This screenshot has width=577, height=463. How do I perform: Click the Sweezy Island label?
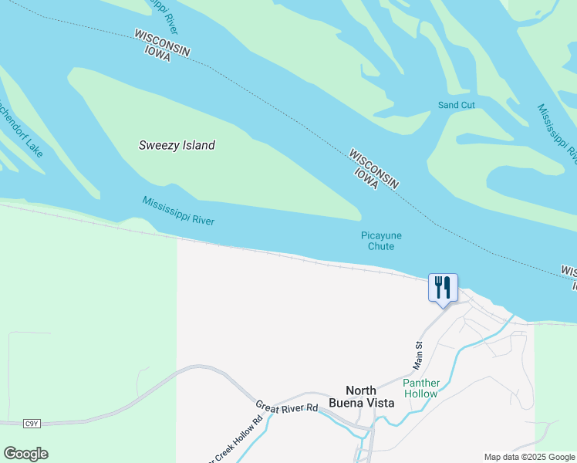point(177,145)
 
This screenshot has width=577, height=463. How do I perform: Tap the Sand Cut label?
point(457,105)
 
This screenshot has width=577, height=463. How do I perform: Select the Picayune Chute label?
point(381,241)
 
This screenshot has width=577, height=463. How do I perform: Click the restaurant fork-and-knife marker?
point(443,288)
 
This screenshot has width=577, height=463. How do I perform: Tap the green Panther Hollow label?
point(420,388)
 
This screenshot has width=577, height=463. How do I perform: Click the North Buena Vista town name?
point(366,396)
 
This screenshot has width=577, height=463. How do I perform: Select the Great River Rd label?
point(287,407)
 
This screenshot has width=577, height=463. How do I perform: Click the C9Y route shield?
point(32,424)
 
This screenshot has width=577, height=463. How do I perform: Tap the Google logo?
point(25,454)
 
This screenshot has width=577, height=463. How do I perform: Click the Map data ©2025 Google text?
point(528,457)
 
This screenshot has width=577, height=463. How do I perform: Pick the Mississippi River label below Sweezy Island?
point(178,211)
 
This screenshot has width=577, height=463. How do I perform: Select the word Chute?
point(381,247)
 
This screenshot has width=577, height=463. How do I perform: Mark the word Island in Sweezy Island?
point(198,145)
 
